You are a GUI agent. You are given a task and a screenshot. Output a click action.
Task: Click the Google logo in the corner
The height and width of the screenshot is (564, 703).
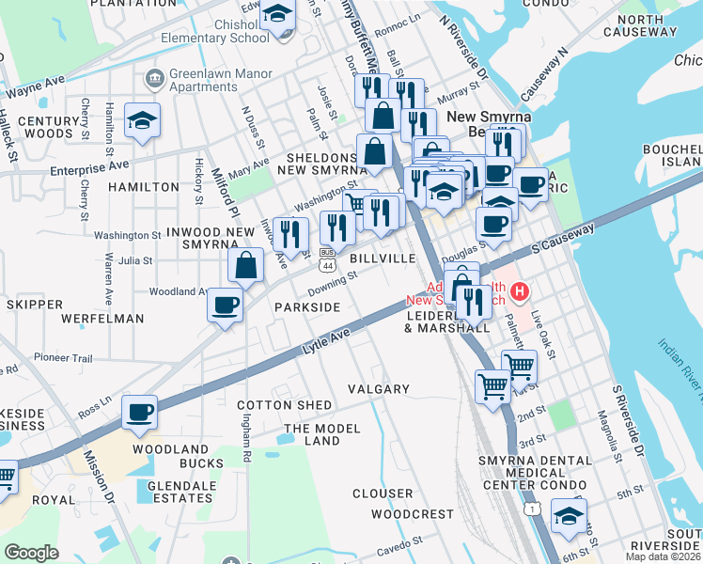click(31, 553)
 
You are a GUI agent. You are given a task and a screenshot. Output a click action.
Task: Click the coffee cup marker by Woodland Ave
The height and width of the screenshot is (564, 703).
click(226, 305)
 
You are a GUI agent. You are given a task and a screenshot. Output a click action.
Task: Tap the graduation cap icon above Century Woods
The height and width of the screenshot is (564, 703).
click(142, 120)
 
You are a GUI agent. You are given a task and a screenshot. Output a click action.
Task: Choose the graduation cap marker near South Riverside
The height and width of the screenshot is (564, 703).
click(568, 515)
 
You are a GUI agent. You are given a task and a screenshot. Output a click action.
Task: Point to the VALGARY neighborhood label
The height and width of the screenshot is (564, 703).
click(379, 389)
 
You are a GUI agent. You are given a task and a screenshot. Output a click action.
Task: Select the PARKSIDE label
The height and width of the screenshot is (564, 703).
click(307, 307)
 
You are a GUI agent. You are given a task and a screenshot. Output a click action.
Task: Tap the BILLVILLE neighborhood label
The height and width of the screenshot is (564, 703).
click(383, 258)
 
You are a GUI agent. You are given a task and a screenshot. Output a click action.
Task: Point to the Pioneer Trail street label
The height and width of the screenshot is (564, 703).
click(64, 358)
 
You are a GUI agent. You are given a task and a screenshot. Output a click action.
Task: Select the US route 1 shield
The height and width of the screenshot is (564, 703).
click(532, 509)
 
